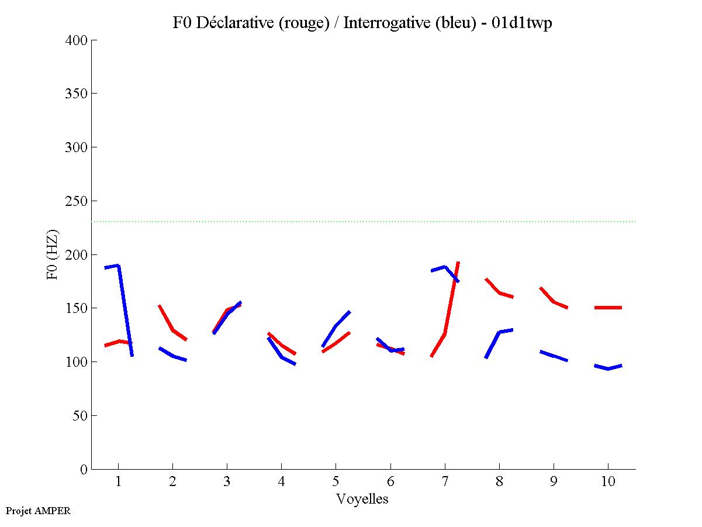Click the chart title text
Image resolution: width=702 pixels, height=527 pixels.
[x=362, y=23]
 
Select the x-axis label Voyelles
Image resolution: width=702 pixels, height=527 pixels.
[x=362, y=499]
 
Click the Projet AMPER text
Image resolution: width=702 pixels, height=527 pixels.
[x=38, y=511]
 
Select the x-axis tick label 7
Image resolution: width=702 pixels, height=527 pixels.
[x=445, y=482]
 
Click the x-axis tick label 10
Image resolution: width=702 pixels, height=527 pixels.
[x=608, y=482]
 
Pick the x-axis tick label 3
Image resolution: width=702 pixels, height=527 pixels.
[x=227, y=482]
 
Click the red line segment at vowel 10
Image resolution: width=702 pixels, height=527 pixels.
[x=608, y=308]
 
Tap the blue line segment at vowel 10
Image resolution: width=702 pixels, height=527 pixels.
[x=608, y=368]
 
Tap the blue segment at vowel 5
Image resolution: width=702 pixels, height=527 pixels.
[x=336, y=327]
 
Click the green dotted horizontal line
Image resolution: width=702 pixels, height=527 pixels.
[x=362, y=222]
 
